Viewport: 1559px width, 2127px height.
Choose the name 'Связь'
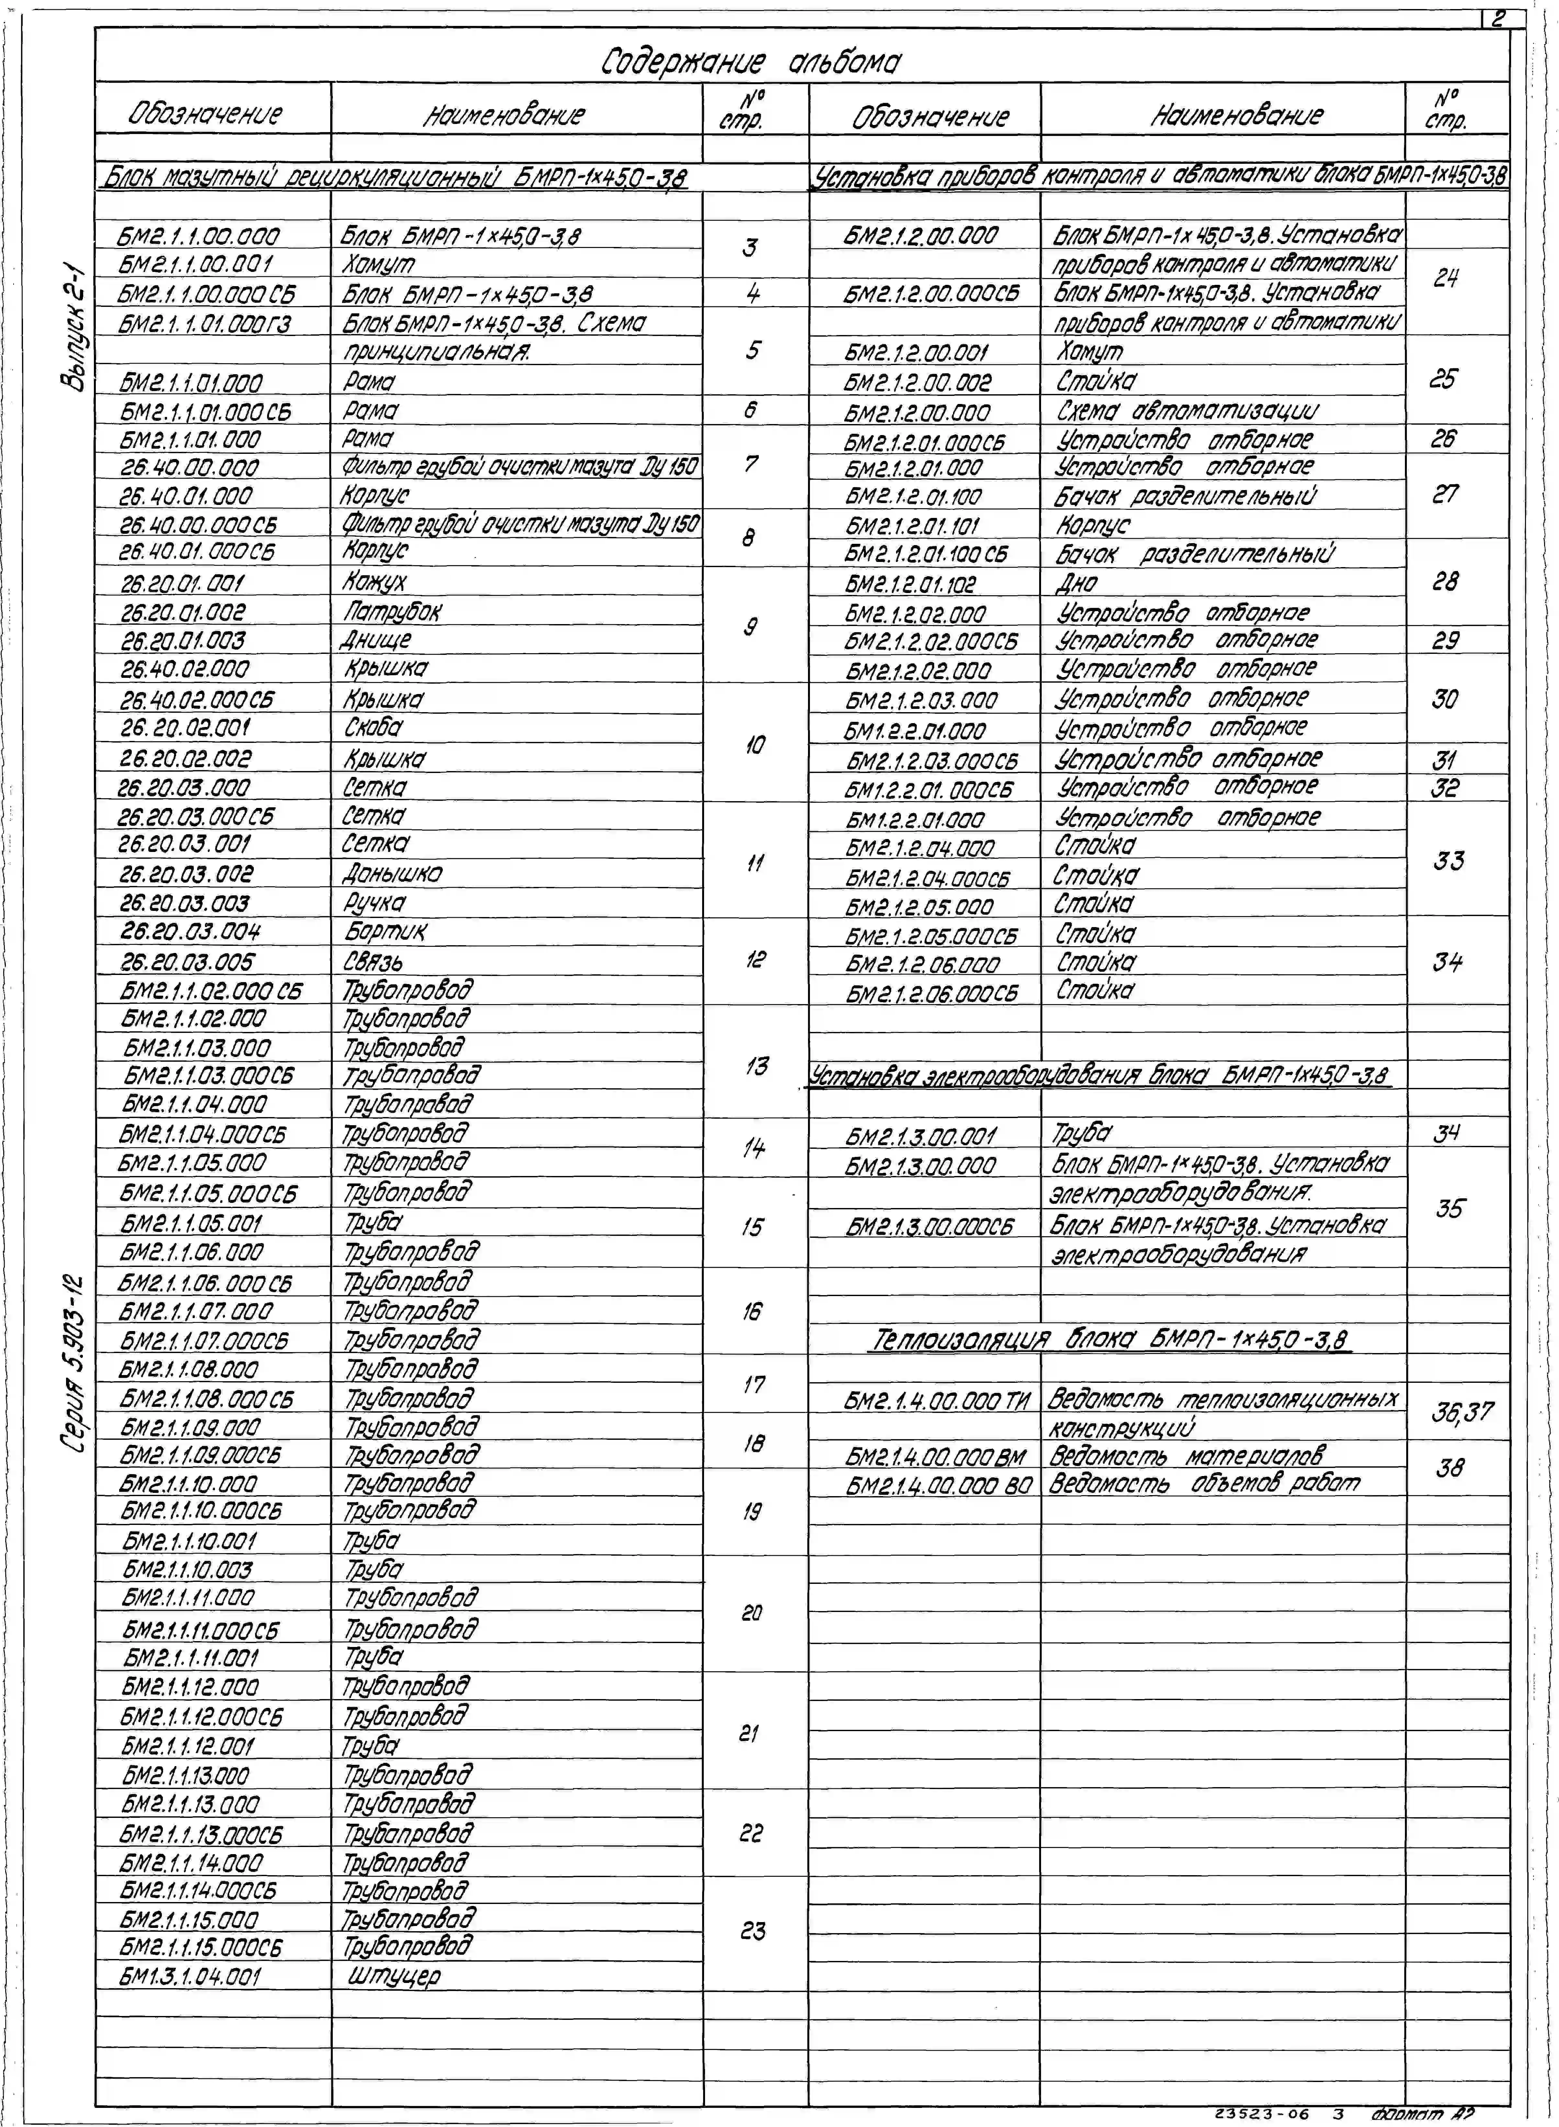(x=374, y=962)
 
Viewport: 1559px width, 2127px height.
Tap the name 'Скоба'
(x=373, y=728)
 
